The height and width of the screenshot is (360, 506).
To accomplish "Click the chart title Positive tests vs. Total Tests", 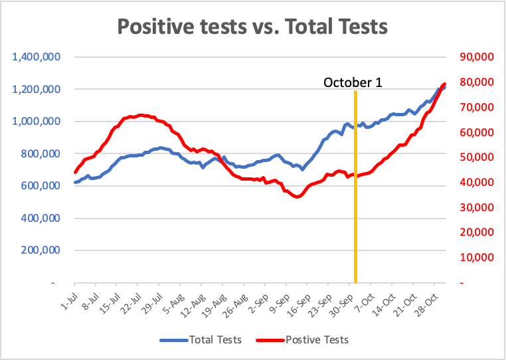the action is click(x=252, y=26).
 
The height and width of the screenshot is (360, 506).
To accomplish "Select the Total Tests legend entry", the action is click(x=201, y=339).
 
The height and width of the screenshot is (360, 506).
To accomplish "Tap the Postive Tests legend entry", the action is click(x=302, y=339).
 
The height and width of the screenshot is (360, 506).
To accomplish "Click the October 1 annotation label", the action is click(x=353, y=82).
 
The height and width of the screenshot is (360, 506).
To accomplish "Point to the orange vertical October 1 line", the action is click(x=355, y=187).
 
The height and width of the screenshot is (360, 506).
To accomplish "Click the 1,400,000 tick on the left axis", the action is click(x=36, y=57).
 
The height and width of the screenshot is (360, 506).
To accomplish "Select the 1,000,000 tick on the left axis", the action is click(x=36, y=122).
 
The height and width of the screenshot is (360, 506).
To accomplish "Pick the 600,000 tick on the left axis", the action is click(x=41, y=186).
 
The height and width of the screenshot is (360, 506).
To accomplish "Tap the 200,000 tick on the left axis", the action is click(x=41, y=250).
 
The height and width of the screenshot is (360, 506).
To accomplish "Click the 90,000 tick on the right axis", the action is click(x=477, y=57).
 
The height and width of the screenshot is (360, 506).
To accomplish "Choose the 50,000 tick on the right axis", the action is click(x=477, y=157).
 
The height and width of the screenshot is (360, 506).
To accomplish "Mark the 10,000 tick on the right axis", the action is click(x=477, y=257).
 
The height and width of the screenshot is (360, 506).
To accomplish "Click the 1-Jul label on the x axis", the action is click(x=69, y=301).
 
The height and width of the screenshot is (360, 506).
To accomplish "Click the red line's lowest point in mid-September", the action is click(x=297, y=197).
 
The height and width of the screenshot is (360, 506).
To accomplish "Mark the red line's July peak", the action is click(x=140, y=116).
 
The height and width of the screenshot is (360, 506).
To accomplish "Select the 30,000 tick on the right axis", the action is click(x=477, y=207).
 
